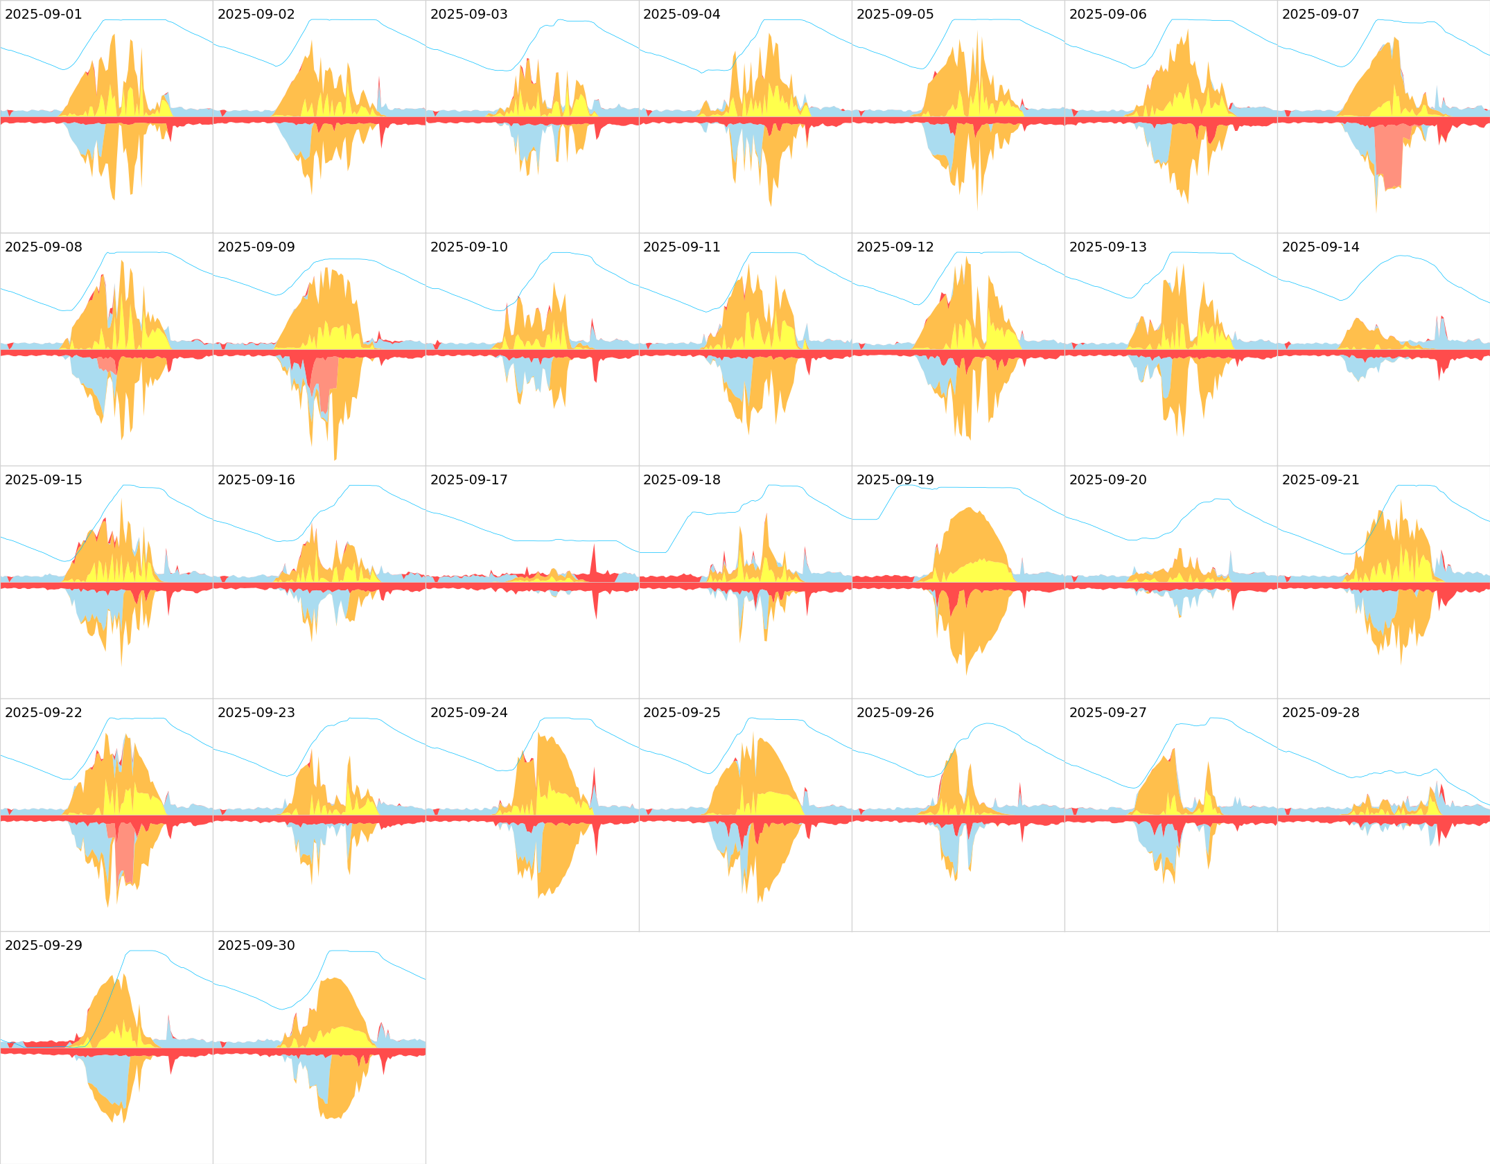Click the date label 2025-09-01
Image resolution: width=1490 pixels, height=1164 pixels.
[x=43, y=15]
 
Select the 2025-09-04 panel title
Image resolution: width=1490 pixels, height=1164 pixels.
[x=681, y=15]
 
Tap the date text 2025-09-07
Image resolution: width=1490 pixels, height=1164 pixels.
[x=1320, y=15]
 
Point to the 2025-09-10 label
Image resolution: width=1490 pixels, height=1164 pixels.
[x=468, y=247]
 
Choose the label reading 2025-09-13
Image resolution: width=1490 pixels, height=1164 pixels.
[x=1107, y=247]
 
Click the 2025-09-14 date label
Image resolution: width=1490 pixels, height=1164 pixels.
[x=1320, y=247]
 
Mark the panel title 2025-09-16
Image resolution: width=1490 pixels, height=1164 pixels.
[x=256, y=480]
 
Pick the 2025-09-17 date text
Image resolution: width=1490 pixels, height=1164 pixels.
[x=468, y=480]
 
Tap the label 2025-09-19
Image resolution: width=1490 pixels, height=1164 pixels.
[x=895, y=480]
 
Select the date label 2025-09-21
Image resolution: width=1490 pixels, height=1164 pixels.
[x=1320, y=480]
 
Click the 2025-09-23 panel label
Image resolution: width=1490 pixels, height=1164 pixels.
[x=256, y=713]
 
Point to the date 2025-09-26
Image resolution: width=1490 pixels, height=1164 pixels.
[x=895, y=713]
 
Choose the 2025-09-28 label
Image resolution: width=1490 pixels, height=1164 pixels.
[x=1320, y=713]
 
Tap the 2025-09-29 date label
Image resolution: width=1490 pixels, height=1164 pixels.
[x=43, y=946]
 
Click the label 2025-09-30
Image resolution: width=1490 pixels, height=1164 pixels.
[x=256, y=946]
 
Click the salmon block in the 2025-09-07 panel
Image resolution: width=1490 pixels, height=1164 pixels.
[x=1389, y=156]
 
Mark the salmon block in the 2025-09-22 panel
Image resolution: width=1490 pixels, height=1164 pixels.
[x=125, y=852]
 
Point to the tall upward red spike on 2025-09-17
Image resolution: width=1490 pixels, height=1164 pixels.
[x=593, y=558]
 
